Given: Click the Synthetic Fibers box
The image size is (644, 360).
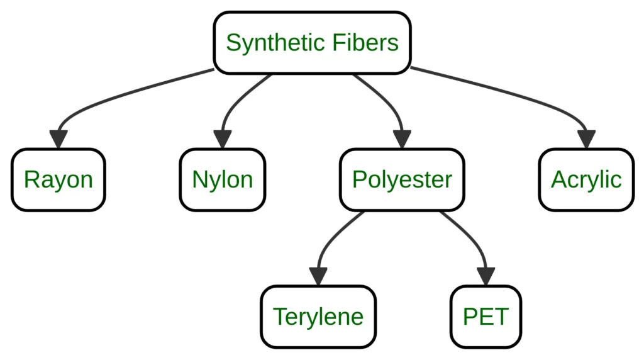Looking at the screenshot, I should tap(312, 43).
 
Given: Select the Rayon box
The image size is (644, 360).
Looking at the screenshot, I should tap(58, 179).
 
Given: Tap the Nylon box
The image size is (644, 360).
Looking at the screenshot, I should tap(222, 179).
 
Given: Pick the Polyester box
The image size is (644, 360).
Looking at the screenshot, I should tap(402, 179).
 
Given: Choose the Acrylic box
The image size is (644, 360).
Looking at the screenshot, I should tap(586, 179).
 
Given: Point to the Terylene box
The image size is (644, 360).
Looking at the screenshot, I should tap(318, 316).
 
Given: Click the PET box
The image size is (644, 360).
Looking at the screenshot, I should tap(486, 316).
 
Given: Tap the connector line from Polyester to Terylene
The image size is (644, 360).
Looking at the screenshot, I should tap(333, 236).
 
